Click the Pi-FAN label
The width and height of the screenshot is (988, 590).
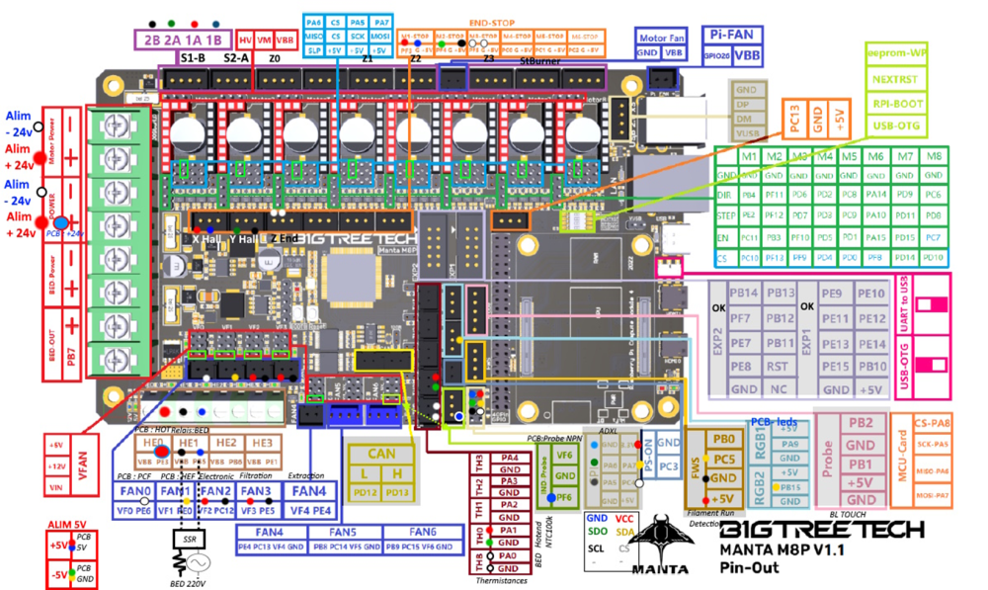coord(733,33)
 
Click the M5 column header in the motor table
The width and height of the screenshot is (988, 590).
coord(850,156)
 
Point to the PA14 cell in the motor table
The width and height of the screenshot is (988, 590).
coord(874,196)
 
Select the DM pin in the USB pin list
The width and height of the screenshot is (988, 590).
coord(745,119)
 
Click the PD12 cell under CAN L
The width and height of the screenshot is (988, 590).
coord(364,492)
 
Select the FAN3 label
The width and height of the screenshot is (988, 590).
coord(256,491)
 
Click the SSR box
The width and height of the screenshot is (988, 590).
coord(189,540)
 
